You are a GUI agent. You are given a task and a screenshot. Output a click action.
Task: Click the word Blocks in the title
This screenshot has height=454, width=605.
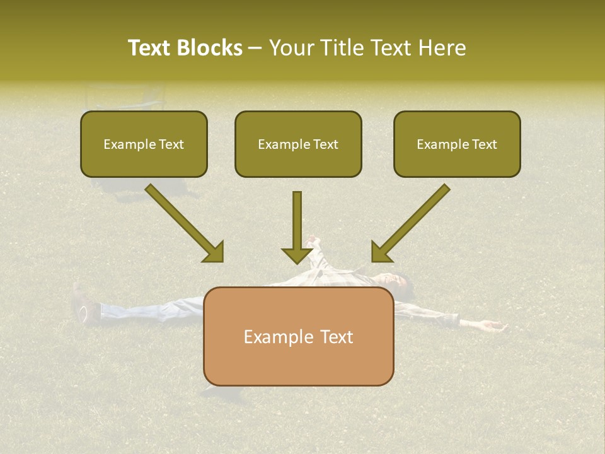(x=211, y=48)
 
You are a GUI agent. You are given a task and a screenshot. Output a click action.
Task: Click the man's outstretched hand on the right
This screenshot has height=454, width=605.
(x=492, y=325)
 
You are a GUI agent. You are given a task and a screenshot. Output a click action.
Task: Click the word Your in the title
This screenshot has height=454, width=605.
(x=289, y=48)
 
